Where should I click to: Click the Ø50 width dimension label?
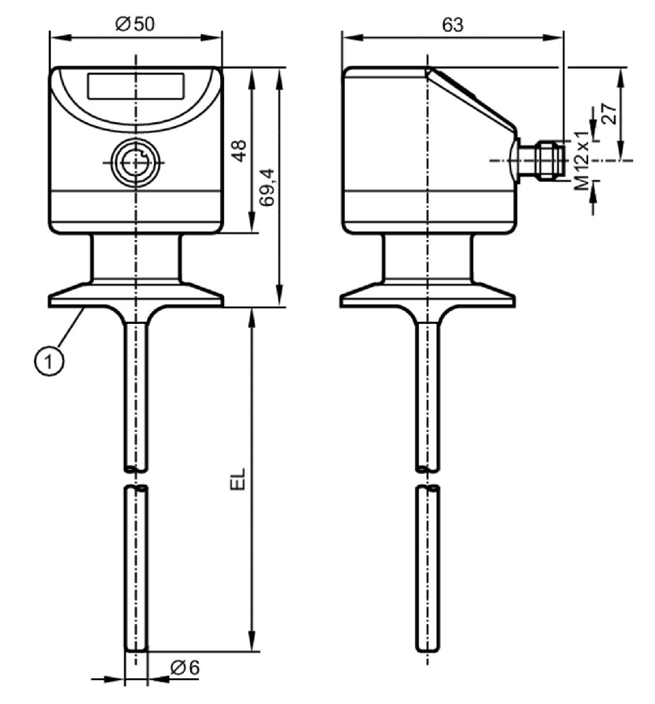[x=135, y=25]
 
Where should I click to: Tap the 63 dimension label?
[x=453, y=25]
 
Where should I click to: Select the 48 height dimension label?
[x=240, y=151]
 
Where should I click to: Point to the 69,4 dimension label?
[x=266, y=187]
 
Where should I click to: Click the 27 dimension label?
[x=610, y=113]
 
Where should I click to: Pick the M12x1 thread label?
[x=582, y=160]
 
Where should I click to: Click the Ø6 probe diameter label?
[x=185, y=668]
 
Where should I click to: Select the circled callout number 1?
[x=49, y=361]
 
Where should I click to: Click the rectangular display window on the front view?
[x=136, y=86]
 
